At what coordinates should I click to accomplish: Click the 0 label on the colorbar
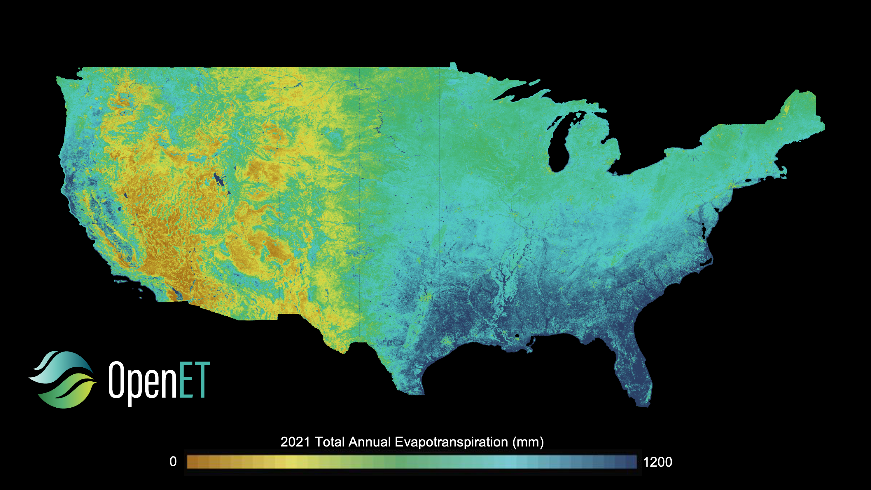pyautogui.click(x=173, y=462)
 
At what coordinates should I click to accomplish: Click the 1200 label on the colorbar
pyautogui.click(x=657, y=462)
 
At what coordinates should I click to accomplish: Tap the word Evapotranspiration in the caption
pyautogui.click(x=451, y=442)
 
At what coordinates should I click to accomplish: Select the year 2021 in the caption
pyautogui.click(x=295, y=442)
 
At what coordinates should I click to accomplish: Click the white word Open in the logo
pyautogui.click(x=142, y=381)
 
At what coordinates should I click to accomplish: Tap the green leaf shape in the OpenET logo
pyautogui.click(x=68, y=392)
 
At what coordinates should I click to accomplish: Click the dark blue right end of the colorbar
pyautogui.click(x=631, y=462)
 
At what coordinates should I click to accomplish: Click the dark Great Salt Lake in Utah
pyautogui.click(x=218, y=179)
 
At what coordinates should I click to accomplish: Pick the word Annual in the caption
pyautogui.click(x=370, y=442)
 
